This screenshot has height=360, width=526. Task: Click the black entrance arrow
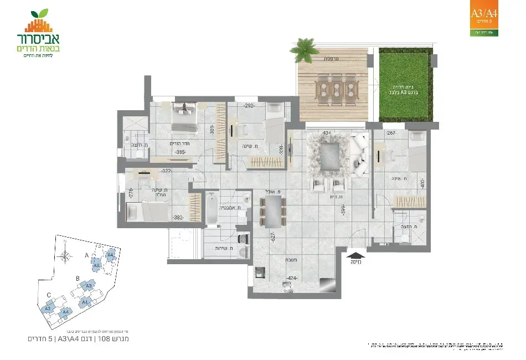tap(356, 256)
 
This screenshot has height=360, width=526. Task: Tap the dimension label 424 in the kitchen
tap(293, 278)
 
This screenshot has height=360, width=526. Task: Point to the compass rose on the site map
tap(66, 256)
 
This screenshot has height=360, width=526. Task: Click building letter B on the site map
tap(78, 279)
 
